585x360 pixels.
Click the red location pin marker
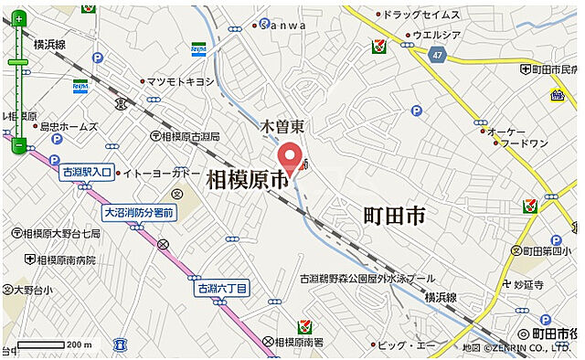[x=291, y=156]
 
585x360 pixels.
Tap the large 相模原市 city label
[x=248, y=179]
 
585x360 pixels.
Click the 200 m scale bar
[x=55, y=344]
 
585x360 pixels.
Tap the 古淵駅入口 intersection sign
[x=87, y=172]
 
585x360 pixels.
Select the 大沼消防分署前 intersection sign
[x=138, y=213]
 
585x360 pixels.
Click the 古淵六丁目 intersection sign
[x=222, y=289]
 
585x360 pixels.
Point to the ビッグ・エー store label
[x=407, y=344]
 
